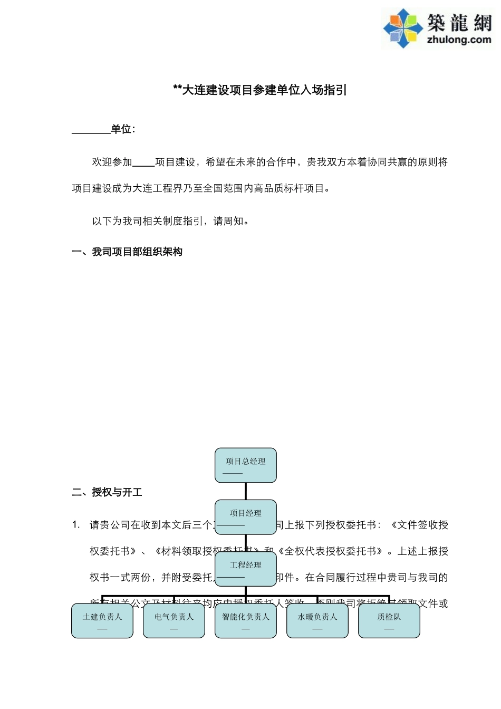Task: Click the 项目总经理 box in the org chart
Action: pos(245,465)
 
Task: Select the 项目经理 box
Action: pos(245,516)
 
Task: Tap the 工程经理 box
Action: pos(245,568)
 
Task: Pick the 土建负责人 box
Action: pos(102,620)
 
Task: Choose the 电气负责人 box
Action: pos(174,620)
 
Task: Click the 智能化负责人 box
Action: pos(245,620)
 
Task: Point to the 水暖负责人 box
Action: pos(317,620)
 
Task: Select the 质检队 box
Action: pos(389,620)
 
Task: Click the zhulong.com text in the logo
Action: pos(458,40)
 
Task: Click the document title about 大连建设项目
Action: pos(260,90)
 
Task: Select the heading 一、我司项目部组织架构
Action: pos(127,252)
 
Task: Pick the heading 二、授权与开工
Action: pos(107,492)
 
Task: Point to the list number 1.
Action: pos(76,525)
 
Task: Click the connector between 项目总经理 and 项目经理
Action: pos(245,491)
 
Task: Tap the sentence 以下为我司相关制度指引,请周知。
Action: pos(171,221)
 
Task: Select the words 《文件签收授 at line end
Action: pos(419,525)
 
